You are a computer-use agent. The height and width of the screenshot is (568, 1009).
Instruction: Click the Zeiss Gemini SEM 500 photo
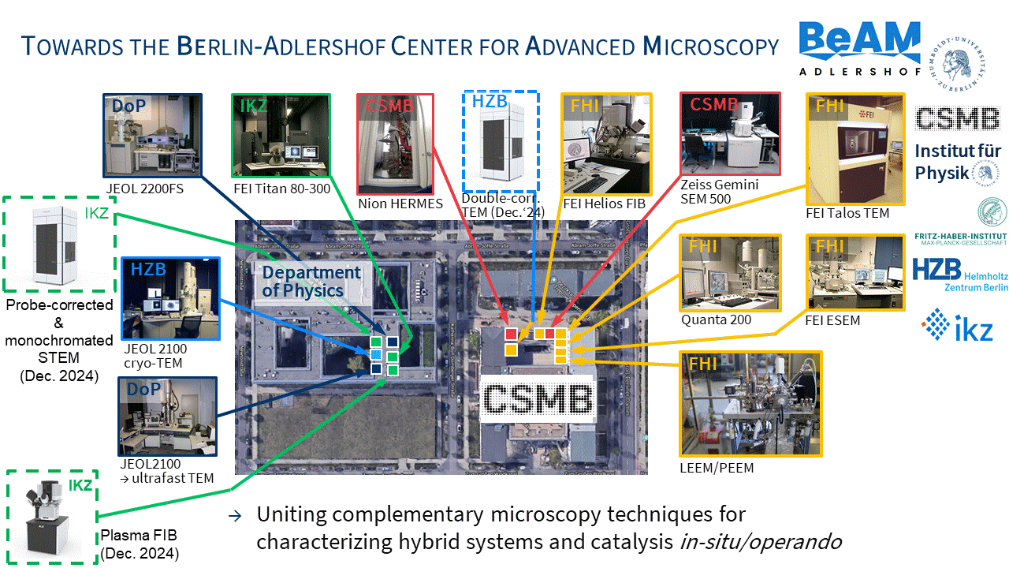pyautogui.click(x=729, y=134)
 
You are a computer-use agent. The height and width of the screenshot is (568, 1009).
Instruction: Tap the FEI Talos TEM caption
pyautogui.click(x=847, y=213)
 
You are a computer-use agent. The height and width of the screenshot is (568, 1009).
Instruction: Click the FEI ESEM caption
pyautogui.click(x=832, y=321)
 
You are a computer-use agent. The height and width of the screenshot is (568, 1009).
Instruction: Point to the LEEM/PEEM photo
pyautogui.click(x=750, y=405)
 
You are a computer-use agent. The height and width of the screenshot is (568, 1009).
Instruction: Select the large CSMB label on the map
pyautogui.click(x=537, y=399)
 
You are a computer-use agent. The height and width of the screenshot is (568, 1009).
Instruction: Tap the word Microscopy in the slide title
pyautogui.click(x=710, y=47)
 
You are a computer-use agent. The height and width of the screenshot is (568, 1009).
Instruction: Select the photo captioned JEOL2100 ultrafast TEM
pyautogui.click(x=166, y=417)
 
